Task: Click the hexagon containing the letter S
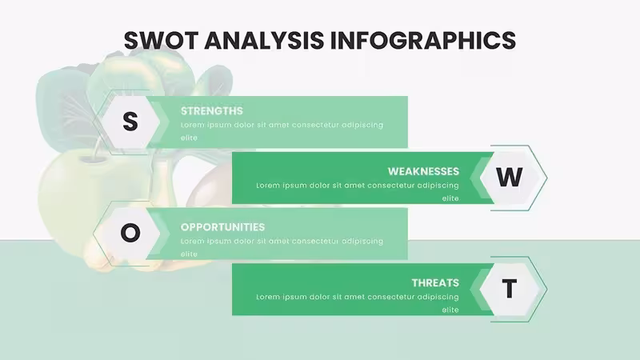point(130,122)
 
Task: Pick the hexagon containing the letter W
point(510,178)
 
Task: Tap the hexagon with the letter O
point(130,234)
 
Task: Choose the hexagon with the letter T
point(510,289)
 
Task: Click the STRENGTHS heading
point(212,111)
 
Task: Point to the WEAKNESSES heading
point(423,171)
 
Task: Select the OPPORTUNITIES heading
point(223,227)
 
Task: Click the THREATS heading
point(435,283)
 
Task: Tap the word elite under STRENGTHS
point(189,138)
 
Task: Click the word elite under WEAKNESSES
point(450,198)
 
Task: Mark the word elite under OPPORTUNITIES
point(189,254)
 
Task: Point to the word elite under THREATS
point(450,310)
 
